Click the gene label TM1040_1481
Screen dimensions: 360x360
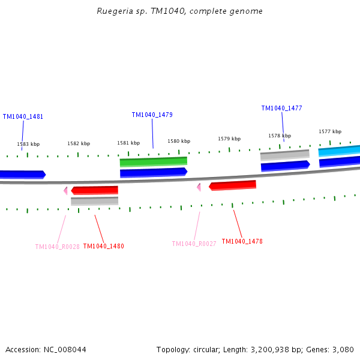[x=23, y=117]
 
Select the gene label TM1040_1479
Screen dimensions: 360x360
[x=152, y=115]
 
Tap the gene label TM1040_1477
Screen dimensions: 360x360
[x=281, y=109]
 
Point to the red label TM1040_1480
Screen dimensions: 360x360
[x=103, y=247]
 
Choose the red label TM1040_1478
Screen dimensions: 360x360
[x=242, y=242]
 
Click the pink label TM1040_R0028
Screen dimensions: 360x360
[x=57, y=247]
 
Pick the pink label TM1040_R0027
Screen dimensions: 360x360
[x=194, y=244]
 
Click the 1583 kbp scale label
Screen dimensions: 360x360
[x=28, y=145]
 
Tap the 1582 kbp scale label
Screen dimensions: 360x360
[x=79, y=144]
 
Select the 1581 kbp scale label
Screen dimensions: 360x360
[x=128, y=143]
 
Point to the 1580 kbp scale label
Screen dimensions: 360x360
[x=179, y=142]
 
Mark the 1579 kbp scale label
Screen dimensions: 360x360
[x=229, y=139]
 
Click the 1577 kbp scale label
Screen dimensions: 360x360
[x=330, y=132]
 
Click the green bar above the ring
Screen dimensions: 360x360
[x=154, y=162]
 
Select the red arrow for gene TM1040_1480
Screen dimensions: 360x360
[x=95, y=190]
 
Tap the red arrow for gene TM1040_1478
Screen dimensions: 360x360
[x=233, y=185]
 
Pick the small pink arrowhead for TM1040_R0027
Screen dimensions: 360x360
[x=199, y=187]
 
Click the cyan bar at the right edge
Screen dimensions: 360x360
[x=340, y=151]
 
